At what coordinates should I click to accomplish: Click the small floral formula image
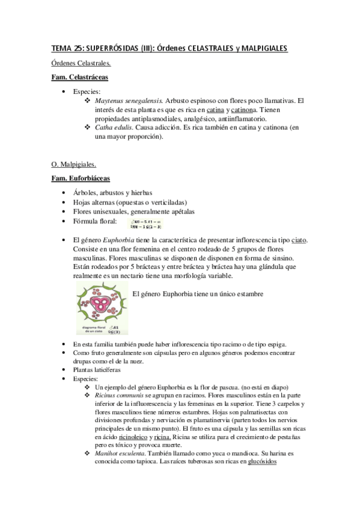[146, 224]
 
